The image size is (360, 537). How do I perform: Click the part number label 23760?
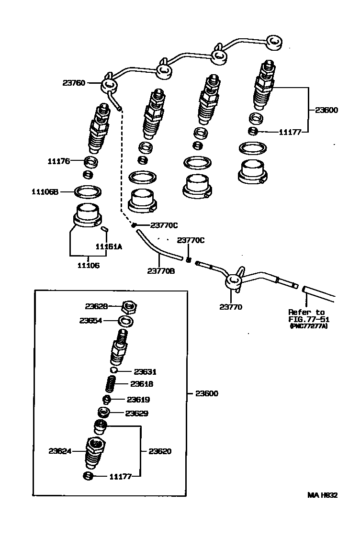point(73,83)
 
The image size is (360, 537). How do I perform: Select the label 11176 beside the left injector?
point(58,161)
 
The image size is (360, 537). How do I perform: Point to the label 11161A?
point(109,246)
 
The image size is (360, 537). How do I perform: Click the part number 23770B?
point(161,271)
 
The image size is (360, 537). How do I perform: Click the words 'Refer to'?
point(306,312)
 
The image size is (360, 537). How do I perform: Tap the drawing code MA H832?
point(322,495)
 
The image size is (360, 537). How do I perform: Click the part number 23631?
point(145,371)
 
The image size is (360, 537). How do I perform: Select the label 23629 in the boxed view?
point(137,413)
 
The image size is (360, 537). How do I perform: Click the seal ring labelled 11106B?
point(88,192)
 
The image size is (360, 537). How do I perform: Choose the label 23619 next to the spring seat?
point(138,399)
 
